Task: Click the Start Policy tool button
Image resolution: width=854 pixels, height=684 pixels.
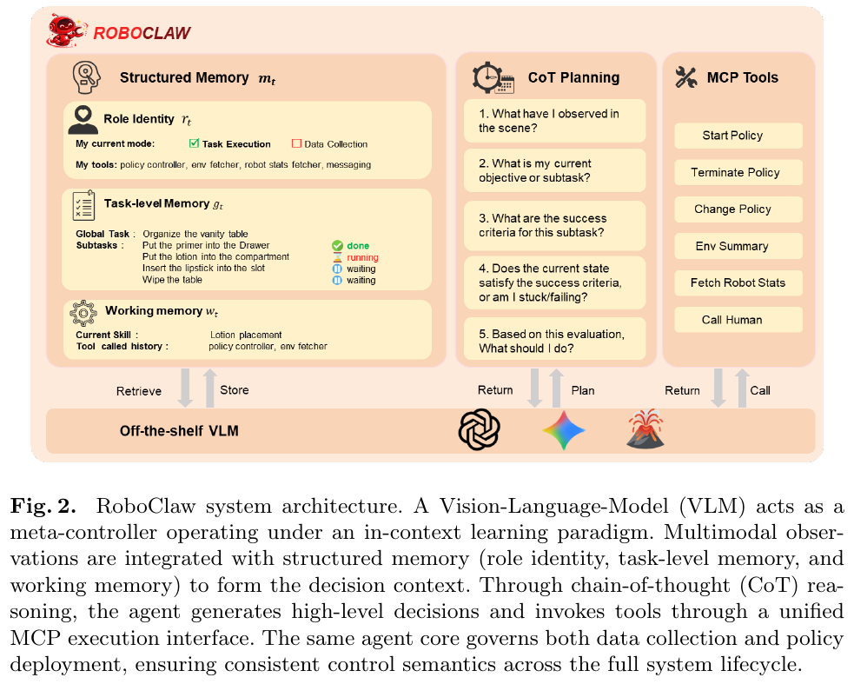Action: tap(738, 136)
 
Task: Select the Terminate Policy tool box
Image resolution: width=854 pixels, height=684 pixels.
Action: tap(738, 172)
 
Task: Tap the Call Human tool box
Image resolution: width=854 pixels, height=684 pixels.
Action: tap(738, 320)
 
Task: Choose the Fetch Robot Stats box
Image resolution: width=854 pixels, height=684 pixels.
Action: tap(738, 282)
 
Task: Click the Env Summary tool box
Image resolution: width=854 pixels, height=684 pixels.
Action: tap(738, 246)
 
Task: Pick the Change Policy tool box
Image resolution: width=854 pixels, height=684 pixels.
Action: tap(738, 209)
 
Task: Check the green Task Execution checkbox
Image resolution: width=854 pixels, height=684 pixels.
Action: tap(194, 143)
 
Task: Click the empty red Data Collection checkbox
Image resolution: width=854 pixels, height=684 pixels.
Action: tap(295, 143)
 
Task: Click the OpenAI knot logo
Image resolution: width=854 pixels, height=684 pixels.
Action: tap(480, 429)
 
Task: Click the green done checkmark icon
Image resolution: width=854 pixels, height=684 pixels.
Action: tap(337, 246)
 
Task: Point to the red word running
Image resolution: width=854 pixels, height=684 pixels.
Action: tap(362, 257)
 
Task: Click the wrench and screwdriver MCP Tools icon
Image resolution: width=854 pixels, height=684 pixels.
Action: tap(686, 77)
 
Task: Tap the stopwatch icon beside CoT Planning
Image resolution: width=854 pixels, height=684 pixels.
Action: tap(493, 77)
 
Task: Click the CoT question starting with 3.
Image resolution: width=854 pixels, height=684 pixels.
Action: tap(553, 226)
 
